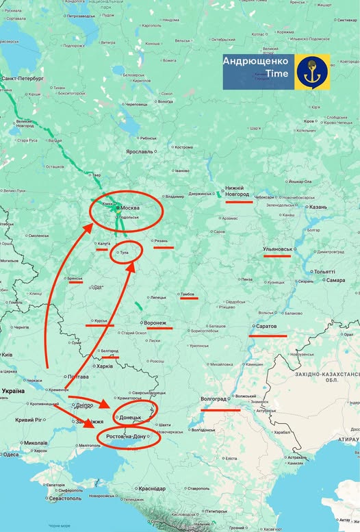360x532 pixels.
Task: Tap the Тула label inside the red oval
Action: (124, 253)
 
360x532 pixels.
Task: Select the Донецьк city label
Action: (131, 417)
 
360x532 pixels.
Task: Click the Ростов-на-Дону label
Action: (127, 436)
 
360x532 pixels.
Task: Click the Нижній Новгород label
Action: (234, 191)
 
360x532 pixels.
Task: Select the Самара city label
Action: (336, 280)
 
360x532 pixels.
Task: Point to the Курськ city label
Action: (101, 320)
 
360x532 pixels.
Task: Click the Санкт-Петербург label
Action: (22, 79)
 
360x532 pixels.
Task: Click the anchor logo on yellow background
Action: (313, 72)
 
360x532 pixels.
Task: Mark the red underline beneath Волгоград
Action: (220, 409)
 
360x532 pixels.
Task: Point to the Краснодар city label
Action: (151, 488)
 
